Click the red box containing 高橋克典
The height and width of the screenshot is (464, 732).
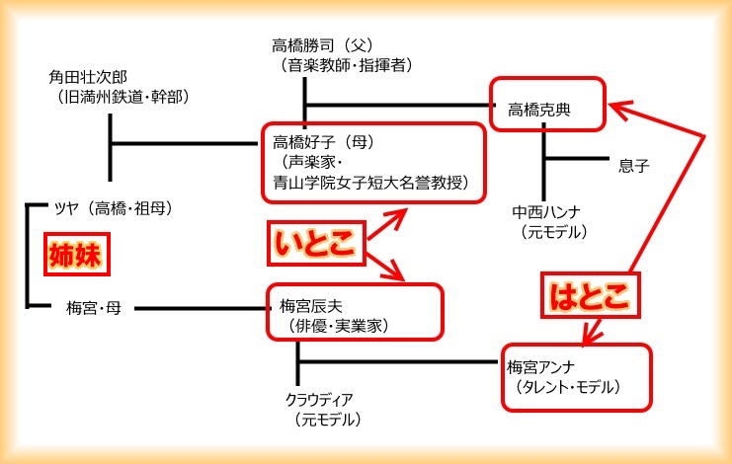pyautogui.click(x=547, y=102)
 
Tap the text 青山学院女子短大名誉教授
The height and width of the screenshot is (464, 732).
pyautogui.click(x=371, y=182)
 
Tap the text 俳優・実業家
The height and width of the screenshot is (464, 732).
pyautogui.click(x=328, y=324)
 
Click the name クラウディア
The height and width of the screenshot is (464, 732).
pyautogui.click(x=318, y=400)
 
